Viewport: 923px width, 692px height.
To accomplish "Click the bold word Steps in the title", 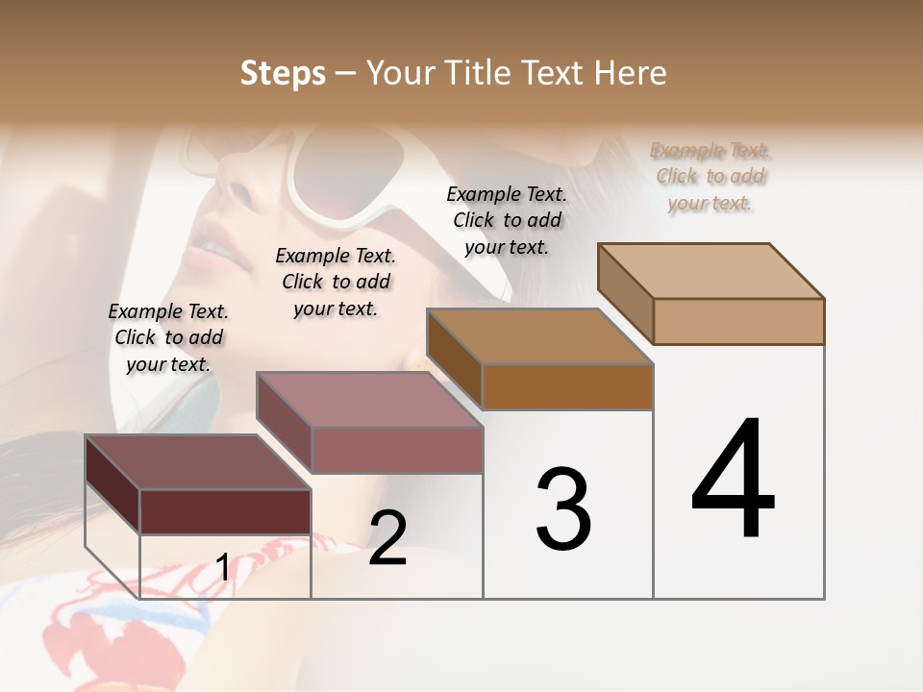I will (x=283, y=73).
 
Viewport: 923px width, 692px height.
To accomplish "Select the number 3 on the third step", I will (x=563, y=509).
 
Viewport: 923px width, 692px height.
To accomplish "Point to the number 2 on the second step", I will (x=387, y=538).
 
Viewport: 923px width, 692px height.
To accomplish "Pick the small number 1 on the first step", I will (x=222, y=568).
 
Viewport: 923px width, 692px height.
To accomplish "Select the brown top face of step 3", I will (x=539, y=335).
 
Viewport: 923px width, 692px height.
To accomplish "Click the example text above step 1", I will (x=168, y=337).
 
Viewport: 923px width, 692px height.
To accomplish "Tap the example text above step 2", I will (x=336, y=282).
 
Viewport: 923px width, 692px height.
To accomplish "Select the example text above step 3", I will (x=507, y=220).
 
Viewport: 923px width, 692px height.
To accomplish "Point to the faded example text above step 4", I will (x=711, y=176).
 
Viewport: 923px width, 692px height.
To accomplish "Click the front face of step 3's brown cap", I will (x=567, y=387).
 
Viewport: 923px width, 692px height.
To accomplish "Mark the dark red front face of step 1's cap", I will (x=225, y=511).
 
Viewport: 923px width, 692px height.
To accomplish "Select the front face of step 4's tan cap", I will (x=738, y=321).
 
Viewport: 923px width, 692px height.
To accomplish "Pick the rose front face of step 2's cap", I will (x=396, y=450).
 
